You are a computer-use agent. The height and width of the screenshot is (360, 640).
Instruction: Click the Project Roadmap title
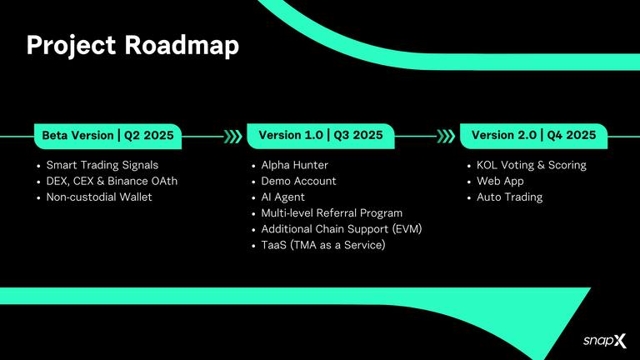coord(132,46)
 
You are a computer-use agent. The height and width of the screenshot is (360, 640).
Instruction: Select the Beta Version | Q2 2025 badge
coord(107,135)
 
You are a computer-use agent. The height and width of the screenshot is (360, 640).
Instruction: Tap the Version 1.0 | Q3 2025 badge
coord(321,135)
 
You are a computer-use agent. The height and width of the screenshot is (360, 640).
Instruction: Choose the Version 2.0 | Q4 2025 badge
coord(533,135)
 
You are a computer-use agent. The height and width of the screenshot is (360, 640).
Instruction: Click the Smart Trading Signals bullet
coord(102,165)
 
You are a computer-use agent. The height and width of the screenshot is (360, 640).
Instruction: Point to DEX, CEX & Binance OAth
coord(112,181)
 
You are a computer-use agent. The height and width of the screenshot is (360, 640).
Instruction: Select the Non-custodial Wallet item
coord(99,197)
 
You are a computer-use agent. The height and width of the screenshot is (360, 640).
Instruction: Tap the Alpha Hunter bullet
coord(294,165)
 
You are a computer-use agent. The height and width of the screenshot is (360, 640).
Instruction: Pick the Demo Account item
coord(298,181)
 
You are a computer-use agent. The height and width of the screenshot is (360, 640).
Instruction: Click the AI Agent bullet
coord(282,197)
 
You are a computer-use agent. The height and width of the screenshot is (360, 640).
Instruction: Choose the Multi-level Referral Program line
coord(332,213)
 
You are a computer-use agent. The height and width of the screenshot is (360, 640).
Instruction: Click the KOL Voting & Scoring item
coord(531,165)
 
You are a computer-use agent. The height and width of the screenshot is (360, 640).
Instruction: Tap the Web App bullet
coord(500,181)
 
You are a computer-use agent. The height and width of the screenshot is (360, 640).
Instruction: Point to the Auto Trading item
coord(509,197)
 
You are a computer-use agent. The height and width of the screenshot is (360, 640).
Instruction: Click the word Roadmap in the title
coord(182,46)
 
